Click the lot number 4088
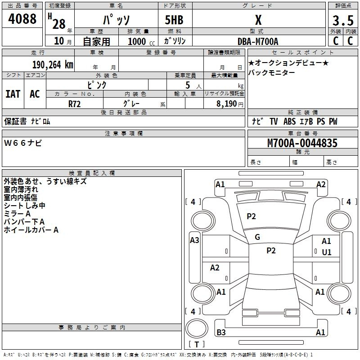tap(22, 19)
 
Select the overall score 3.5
tap(343, 20)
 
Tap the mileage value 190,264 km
tap(53, 65)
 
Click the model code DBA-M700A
tap(258, 41)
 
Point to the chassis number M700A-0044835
tap(302, 143)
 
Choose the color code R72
tap(74, 104)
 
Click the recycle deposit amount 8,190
tap(226, 104)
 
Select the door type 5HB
tap(174, 20)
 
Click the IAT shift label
tap(13, 94)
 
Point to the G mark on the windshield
tap(257, 237)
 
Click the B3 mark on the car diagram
tap(221, 332)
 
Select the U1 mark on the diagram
tap(327, 252)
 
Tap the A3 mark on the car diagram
tap(194, 240)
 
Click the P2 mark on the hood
tap(251, 216)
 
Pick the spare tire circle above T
tap(197, 328)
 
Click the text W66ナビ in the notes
tap(23, 143)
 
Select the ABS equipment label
tap(289, 121)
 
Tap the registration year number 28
tap(59, 24)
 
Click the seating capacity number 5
tap(188, 85)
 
